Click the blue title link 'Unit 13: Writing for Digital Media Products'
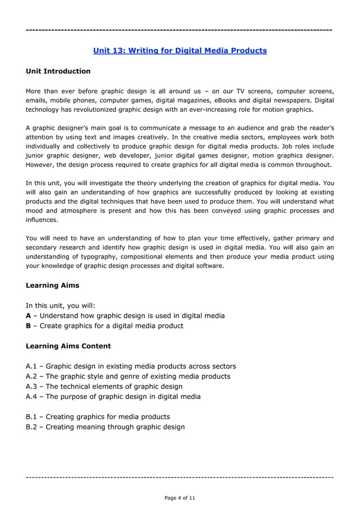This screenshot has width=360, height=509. click(x=179, y=51)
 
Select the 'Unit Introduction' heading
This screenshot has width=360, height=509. click(x=58, y=71)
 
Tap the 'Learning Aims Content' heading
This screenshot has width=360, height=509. click(x=68, y=346)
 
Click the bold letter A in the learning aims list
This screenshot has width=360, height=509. click(x=29, y=315)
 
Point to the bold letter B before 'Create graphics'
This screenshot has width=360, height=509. click(x=29, y=326)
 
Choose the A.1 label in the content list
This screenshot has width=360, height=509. click(x=32, y=366)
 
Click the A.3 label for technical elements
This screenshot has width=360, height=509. click(x=32, y=387)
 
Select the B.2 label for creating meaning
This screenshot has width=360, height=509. click(x=32, y=427)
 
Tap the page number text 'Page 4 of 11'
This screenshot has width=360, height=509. click(x=179, y=498)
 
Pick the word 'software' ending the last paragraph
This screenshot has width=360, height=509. click(x=208, y=266)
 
